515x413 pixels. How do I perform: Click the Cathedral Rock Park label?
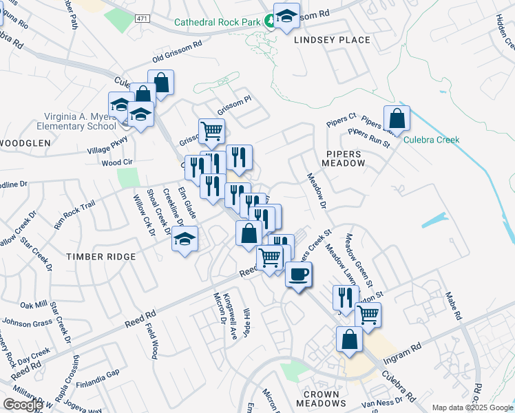pos(217,22)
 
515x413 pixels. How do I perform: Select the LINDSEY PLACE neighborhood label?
pos(332,40)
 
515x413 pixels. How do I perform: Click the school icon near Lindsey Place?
pos(286,16)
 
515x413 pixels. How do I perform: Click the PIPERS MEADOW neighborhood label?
pos(344,157)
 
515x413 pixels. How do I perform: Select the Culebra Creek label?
pos(431,140)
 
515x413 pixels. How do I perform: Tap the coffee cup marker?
pos(298,275)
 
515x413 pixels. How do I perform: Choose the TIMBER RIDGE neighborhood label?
pos(101,256)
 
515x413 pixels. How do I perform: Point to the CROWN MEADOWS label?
pos(321,399)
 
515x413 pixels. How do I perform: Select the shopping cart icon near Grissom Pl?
pos(211,131)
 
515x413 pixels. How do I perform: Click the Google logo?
pos(23,404)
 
